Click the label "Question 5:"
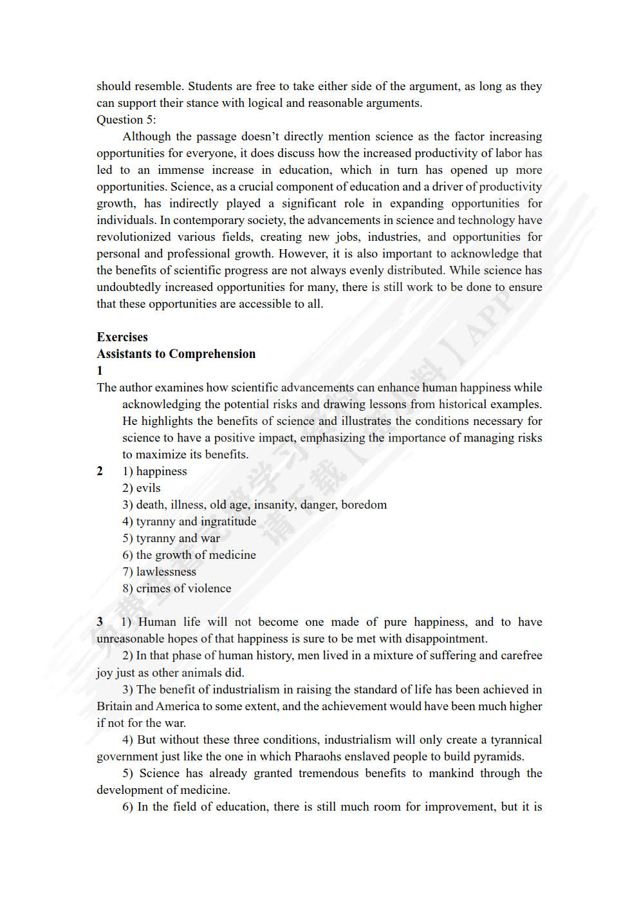(126, 120)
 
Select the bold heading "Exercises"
(122, 337)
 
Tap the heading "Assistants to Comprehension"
(176, 353)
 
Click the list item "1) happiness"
(154, 471)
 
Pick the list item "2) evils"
(142, 488)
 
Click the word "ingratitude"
(228, 522)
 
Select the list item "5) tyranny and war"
(171, 538)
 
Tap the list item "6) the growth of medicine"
(189, 555)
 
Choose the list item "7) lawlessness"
(159, 572)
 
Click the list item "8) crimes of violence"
(177, 589)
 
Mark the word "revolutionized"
(134, 237)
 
